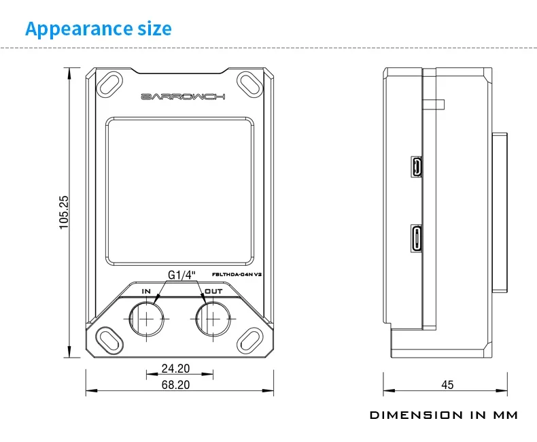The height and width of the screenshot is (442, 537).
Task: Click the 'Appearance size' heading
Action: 99,29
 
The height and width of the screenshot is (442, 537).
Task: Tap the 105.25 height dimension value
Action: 64,211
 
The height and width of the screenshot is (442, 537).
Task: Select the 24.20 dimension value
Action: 175,369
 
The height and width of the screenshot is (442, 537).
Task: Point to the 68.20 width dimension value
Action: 175,384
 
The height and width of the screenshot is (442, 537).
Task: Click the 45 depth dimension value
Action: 447,385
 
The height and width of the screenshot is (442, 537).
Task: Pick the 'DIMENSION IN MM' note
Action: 443,415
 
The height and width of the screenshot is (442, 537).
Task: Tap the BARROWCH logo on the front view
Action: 181,97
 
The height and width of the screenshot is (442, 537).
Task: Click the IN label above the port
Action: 145,291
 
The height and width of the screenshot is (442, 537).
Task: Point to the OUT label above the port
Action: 213,291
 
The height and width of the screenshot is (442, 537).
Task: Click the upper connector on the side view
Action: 416,167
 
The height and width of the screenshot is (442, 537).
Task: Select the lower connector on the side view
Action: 416,238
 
